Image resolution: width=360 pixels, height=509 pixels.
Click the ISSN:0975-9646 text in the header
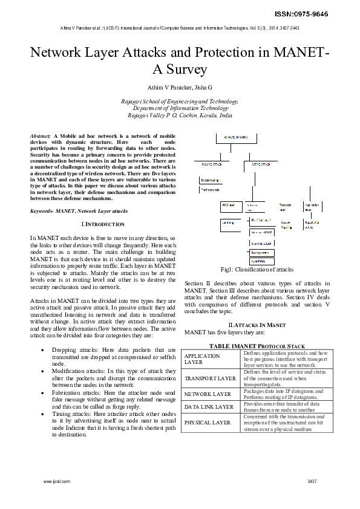coord(328,13)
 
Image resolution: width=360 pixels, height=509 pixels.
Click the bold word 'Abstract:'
coord(41,137)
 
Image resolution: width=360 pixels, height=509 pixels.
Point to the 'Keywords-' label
coord(42,211)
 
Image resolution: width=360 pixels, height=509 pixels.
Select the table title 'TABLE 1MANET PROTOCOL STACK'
coord(257,345)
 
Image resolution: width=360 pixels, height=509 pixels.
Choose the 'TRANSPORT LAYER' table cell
coord(210,378)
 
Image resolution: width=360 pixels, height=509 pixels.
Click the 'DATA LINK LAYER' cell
coord(209,407)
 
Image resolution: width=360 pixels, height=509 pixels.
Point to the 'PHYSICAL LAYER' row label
coord(208,423)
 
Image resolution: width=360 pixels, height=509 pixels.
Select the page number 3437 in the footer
coord(312,481)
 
